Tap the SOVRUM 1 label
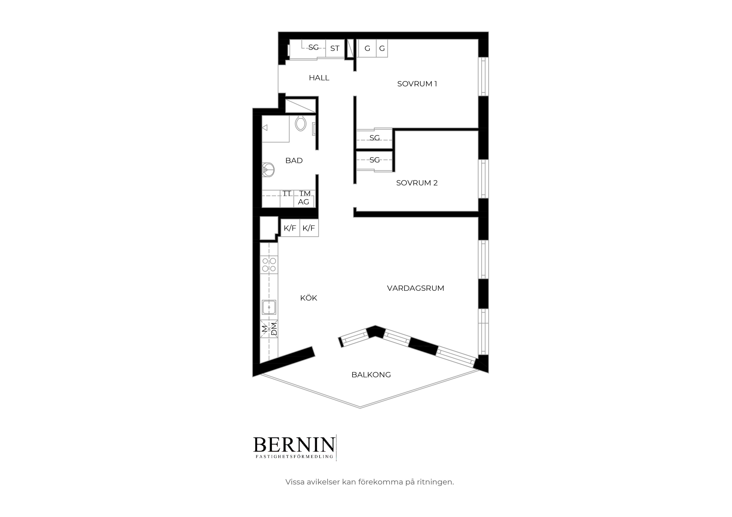[x=417, y=84]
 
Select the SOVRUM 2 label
[x=417, y=183]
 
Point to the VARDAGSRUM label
[x=415, y=288]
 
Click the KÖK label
[x=309, y=298]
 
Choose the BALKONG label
[x=371, y=375]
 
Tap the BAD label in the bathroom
[x=294, y=161]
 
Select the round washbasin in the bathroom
[x=268, y=170]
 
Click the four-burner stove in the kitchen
[x=269, y=265]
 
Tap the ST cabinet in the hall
[x=335, y=48]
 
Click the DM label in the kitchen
[x=274, y=329]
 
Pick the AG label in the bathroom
[x=304, y=202]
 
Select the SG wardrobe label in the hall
[x=313, y=47]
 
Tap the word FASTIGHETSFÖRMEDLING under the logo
[x=294, y=457]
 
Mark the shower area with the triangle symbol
[x=275, y=129]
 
